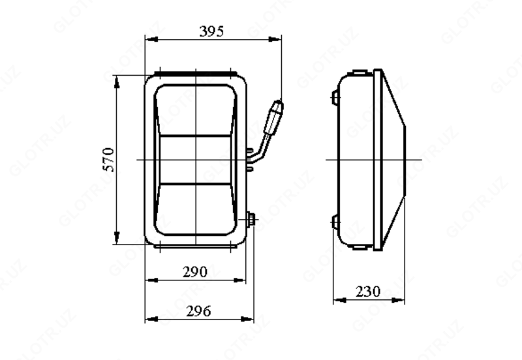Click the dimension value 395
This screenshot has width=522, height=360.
click(x=212, y=31)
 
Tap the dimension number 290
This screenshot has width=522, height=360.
click(x=194, y=271)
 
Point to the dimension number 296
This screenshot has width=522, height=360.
click(x=196, y=311)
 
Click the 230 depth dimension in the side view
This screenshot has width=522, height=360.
click(x=368, y=292)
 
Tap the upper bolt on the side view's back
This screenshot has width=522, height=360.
click(x=335, y=97)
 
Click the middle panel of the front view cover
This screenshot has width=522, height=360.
click(x=196, y=159)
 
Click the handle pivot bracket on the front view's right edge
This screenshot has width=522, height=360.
click(x=251, y=160)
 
